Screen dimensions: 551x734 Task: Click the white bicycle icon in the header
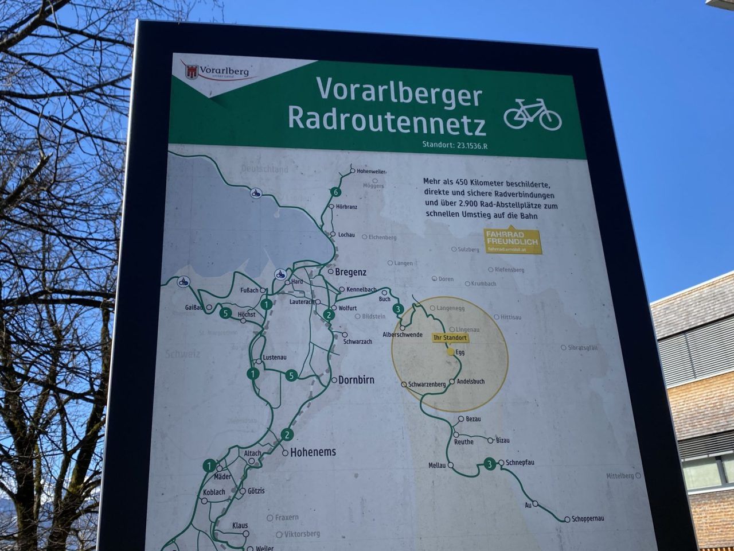[532, 114]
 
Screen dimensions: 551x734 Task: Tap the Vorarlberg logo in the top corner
[217, 71]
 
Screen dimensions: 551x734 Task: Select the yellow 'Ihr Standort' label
[450, 338]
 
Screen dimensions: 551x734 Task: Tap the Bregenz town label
[350, 272]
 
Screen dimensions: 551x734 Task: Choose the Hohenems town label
[313, 452]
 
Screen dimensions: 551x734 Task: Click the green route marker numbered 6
[335, 192]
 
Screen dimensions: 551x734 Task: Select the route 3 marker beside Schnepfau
[489, 464]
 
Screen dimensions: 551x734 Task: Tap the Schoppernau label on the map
[588, 519]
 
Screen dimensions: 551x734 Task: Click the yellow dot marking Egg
[451, 352]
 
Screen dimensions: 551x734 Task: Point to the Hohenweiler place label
[371, 172]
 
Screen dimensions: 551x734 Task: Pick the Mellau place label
[436, 465]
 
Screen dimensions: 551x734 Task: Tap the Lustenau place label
[274, 358]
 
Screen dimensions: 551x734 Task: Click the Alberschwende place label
[402, 335]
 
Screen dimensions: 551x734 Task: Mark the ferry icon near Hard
[280, 274]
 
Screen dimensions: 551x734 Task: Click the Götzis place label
[256, 491]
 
